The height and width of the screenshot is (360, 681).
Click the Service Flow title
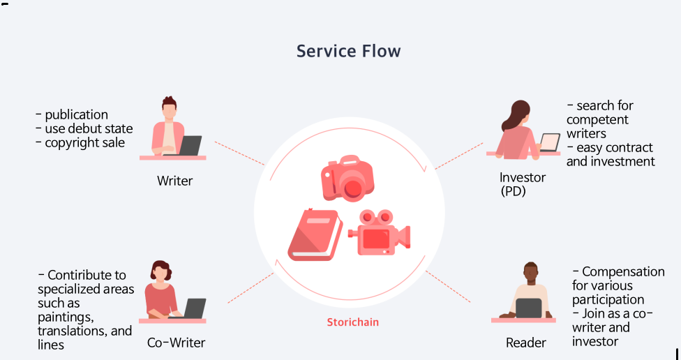point(348,51)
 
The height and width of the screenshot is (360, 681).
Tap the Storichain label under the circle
point(352,322)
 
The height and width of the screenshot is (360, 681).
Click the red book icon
point(315,234)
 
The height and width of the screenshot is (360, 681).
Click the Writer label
point(174,181)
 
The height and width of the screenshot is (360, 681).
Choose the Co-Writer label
point(176,343)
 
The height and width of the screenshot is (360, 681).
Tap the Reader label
point(525,343)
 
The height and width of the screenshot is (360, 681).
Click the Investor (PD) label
point(522,184)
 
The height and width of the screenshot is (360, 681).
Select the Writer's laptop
point(190,146)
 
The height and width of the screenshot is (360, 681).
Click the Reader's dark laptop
point(528,308)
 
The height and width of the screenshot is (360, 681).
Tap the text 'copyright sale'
point(84,142)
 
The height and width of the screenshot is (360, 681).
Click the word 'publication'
point(76,114)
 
